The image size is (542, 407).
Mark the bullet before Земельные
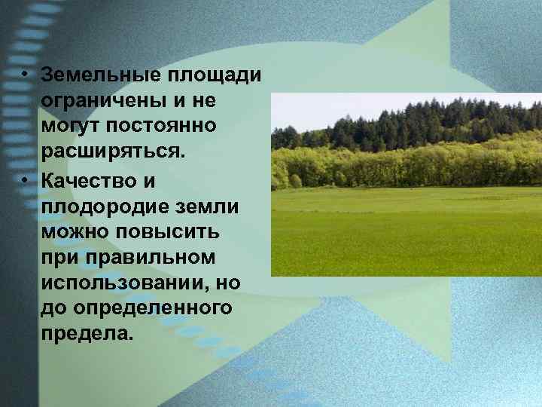click(x=25, y=75)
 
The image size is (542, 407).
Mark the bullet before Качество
click(x=25, y=179)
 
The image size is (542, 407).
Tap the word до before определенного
click(x=56, y=308)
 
